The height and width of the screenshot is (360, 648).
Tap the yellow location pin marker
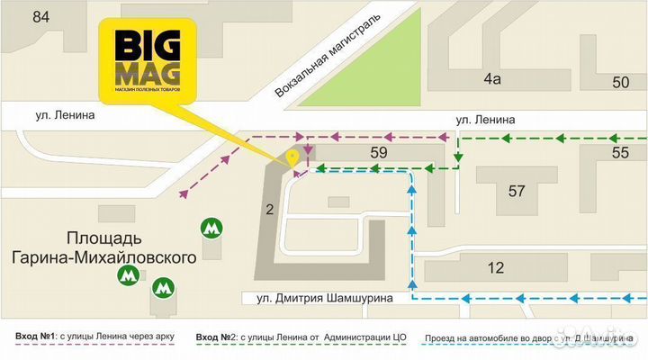click(x=292, y=158)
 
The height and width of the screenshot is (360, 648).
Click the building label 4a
click(x=491, y=78)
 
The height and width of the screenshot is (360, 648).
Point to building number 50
click(x=620, y=83)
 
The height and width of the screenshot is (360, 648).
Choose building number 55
click(x=620, y=153)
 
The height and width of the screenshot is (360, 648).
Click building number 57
click(x=517, y=191)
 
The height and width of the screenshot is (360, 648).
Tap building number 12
click(x=496, y=267)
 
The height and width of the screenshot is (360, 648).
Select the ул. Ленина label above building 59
click(x=485, y=119)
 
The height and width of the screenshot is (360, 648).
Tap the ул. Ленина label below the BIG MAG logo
click(x=66, y=115)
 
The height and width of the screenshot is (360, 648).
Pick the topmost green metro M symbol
click(x=211, y=228)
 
